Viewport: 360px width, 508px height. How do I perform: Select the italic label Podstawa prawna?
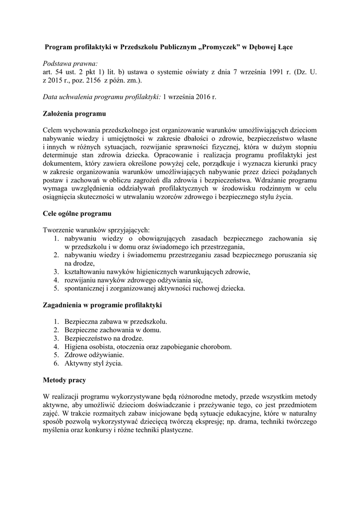click(x=71, y=63)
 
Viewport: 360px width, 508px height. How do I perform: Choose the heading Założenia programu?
click(x=74, y=114)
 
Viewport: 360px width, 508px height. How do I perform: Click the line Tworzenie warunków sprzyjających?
click(x=96, y=230)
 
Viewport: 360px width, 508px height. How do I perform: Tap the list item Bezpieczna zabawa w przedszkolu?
click(x=116, y=321)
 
